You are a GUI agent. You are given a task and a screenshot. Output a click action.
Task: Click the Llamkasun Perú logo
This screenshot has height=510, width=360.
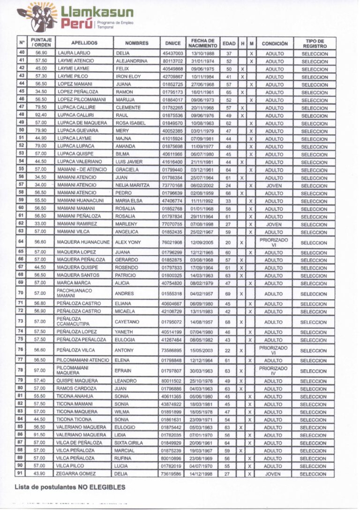click(x=75, y=17)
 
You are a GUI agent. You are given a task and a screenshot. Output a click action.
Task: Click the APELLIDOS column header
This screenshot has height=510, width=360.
click(x=84, y=43)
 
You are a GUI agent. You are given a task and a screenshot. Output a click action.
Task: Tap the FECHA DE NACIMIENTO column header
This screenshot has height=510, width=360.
click(x=202, y=43)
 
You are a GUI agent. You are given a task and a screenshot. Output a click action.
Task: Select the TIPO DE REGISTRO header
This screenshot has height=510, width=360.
click(x=315, y=43)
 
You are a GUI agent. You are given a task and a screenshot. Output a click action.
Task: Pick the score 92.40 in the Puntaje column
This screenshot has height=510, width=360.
click(x=41, y=115)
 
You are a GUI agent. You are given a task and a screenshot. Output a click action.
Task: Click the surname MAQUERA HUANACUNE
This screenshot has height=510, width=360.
click(x=83, y=243)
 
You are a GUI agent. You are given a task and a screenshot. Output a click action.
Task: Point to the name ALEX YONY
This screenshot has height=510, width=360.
click(x=127, y=243)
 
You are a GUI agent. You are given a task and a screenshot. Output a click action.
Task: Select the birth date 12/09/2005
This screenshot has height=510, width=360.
click(x=202, y=243)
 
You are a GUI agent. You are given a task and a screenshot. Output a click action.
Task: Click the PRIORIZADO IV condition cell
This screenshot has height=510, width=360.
click(x=274, y=371)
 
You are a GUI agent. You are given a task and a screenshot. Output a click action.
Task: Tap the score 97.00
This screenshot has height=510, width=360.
click(x=41, y=371)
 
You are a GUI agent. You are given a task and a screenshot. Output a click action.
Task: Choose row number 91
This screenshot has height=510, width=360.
click(x=22, y=473)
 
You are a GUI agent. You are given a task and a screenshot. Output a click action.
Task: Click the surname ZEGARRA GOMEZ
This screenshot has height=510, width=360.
click(x=76, y=474)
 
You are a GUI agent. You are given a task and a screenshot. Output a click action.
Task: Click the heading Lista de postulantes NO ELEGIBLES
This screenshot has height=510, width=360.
click(x=70, y=487)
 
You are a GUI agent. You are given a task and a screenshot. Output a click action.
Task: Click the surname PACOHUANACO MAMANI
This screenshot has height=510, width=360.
click(x=74, y=294)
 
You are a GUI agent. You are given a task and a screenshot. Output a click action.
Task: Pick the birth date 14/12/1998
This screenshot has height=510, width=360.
click(x=202, y=474)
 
